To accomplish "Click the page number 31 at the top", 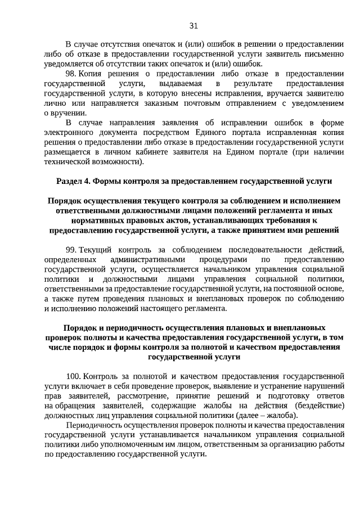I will pyautogui.click(x=193, y=26).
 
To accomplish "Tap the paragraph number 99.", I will pyautogui.click(x=71, y=249).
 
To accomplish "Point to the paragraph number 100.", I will pyautogui.click(x=74, y=375).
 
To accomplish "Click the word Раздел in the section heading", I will pyautogui.click(x=71, y=181).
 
